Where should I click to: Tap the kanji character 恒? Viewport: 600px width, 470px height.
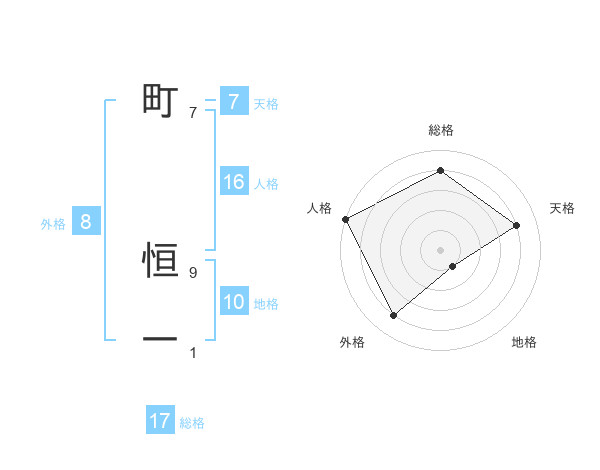coord(160,263)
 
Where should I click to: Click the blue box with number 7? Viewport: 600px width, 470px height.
coord(233,102)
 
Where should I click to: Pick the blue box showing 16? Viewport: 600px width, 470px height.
coord(233,182)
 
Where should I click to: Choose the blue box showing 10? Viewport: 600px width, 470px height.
coord(233,302)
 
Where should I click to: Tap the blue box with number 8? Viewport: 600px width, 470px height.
coord(86,222)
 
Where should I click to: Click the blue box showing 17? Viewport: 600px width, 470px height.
coord(160,421)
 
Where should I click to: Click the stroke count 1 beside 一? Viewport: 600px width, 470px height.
coord(193,353)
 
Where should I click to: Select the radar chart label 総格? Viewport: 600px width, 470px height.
coord(440,131)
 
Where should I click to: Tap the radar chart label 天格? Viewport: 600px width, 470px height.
coord(563,208)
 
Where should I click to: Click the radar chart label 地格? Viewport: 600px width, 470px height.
coord(524,343)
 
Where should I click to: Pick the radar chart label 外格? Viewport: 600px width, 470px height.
coord(352,343)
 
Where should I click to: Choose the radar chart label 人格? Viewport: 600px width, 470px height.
coord(319,208)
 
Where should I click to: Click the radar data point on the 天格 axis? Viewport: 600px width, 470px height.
coord(516,225)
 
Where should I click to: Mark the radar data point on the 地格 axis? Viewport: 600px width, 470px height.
coord(453,266)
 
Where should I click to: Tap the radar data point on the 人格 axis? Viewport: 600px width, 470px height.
coord(345,219)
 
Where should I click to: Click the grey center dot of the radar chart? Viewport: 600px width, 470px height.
coord(440,249)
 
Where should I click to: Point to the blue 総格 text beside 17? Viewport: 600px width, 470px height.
coord(192,423)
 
